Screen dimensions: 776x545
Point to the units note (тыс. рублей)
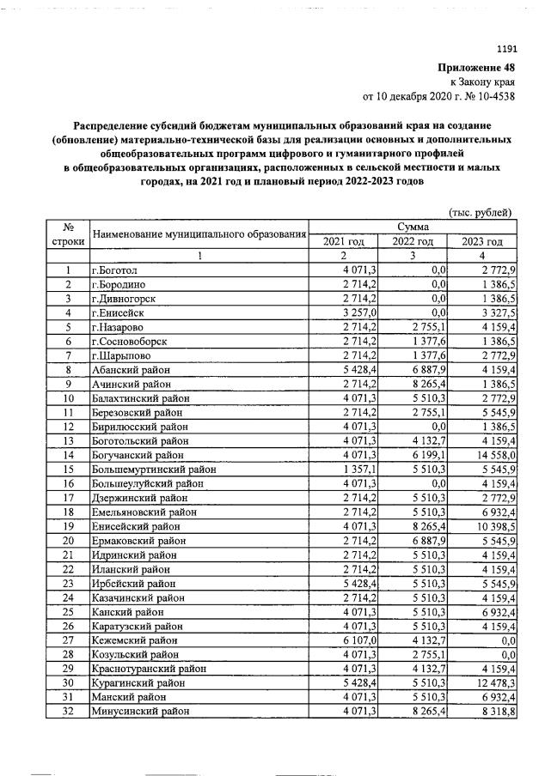tap(481, 211)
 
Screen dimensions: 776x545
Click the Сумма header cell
tap(412, 226)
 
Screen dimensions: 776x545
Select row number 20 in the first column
tap(67, 539)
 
